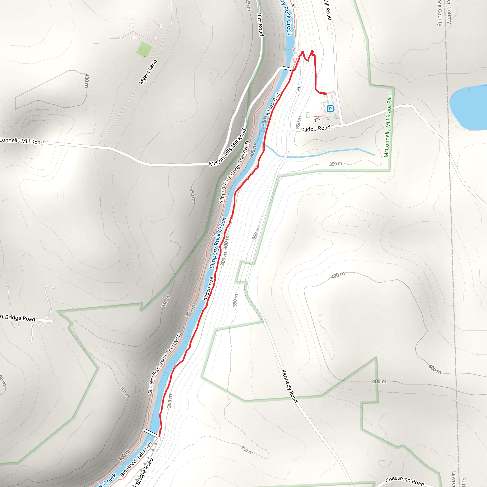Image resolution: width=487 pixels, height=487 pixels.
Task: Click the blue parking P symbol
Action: [x=330, y=109]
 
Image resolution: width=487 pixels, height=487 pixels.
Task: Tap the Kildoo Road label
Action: [x=316, y=129]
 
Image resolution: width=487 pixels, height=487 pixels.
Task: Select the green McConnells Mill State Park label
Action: [x=388, y=125]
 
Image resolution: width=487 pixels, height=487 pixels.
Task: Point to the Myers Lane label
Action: [x=148, y=72]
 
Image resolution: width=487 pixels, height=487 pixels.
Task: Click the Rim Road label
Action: [x=260, y=24]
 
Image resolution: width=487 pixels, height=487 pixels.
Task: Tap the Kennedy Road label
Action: [x=289, y=386]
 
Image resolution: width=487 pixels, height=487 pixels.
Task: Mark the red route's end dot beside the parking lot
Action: [x=326, y=94]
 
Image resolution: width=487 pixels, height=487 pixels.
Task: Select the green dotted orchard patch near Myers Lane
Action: [x=144, y=49]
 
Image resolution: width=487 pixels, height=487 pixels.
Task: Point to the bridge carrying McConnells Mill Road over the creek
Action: [x=287, y=68]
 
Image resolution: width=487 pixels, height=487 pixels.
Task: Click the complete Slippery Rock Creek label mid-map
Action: [x=218, y=243]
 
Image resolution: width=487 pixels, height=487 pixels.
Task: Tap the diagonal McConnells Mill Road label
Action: [x=228, y=147]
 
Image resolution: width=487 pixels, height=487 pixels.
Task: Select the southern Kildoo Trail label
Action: [x=209, y=289]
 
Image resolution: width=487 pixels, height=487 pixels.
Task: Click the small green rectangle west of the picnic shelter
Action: [x=308, y=115]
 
